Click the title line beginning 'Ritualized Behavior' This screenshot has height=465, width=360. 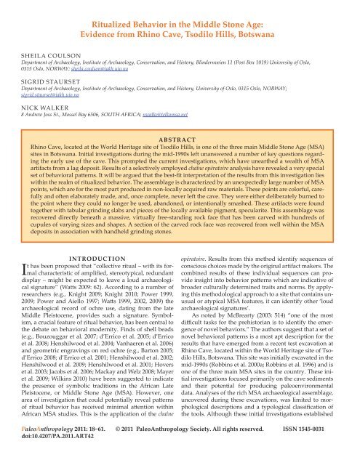tap(180, 12)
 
